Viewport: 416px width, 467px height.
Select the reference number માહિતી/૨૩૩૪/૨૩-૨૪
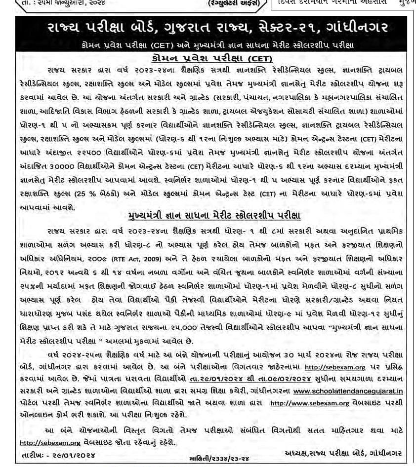click(219, 459)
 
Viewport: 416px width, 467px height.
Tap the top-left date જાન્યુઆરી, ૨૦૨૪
click(63, 3)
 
